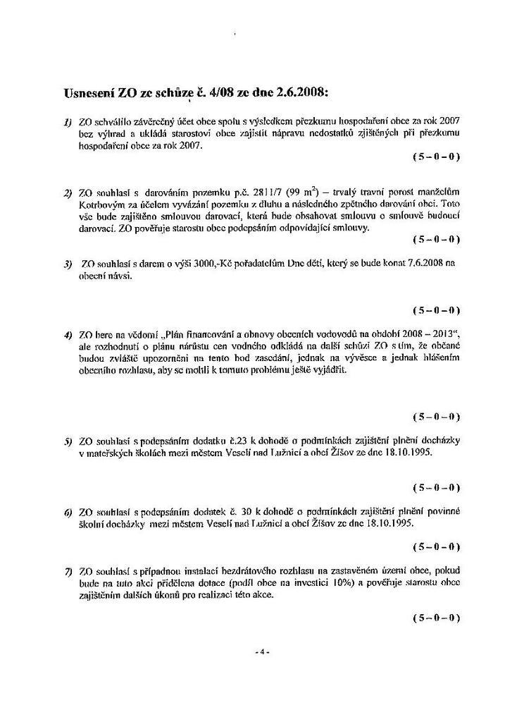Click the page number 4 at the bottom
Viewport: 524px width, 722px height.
point(261,652)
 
